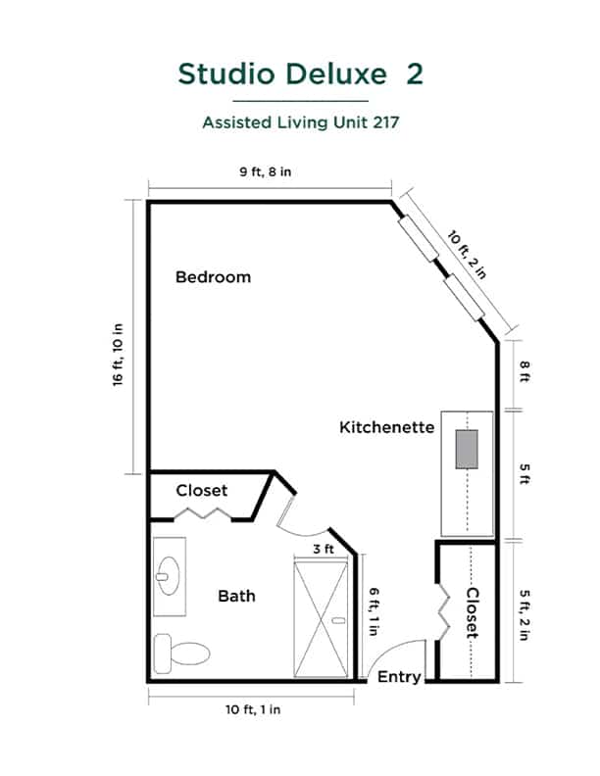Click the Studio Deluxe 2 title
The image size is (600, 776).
click(301, 74)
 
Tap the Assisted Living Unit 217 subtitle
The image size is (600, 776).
click(301, 122)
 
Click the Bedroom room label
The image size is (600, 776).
click(214, 276)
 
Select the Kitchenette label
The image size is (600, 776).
click(386, 427)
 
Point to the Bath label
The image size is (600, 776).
click(236, 596)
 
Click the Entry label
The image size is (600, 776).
click(399, 676)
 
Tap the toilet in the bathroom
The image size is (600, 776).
click(181, 654)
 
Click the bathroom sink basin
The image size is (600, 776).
click(169, 576)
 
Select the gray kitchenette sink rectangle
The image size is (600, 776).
click(467, 450)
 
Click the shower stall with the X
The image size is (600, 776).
click(321, 619)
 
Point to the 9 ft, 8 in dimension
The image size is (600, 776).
click(266, 171)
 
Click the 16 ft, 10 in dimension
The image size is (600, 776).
click(118, 355)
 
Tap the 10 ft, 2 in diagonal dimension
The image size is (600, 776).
click(468, 255)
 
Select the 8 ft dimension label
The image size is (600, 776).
click(525, 371)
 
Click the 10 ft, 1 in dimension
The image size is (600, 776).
click(253, 709)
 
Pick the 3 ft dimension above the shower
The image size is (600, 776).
click(324, 549)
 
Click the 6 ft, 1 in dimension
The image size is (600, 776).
click(374, 611)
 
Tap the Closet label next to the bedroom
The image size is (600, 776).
click(202, 491)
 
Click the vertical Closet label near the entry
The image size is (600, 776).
click(473, 612)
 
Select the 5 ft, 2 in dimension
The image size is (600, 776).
click(525, 615)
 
